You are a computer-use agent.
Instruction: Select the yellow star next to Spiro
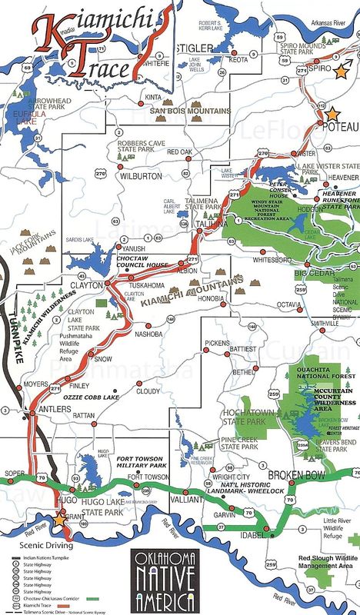pyautogui.click(x=341, y=70)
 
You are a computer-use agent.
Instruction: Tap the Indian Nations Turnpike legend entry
pyautogui.click(x=46, y=553)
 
